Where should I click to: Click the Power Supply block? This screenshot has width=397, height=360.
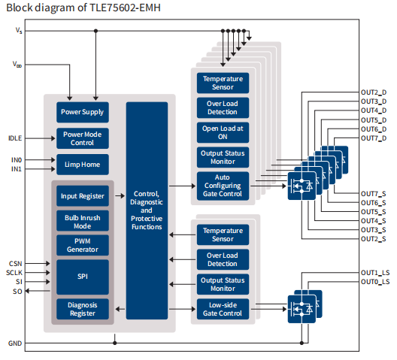coord(83,112)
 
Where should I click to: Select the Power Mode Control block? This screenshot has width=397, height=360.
coord(83,138)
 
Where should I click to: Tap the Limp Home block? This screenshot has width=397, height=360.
coord(83,165)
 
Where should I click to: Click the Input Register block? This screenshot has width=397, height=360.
coord(83,196)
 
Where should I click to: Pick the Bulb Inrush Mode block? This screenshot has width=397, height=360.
coord(83,221)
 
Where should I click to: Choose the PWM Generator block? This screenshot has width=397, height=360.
coord(83,245)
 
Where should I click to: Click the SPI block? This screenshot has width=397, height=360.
coord(83,277)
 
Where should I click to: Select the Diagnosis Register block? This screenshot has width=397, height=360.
coord(83,309)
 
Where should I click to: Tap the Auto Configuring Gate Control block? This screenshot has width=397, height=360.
coord(223,186)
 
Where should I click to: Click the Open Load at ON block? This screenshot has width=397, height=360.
coord(223,133)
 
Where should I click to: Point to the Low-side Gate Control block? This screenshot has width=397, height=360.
coord(223,309)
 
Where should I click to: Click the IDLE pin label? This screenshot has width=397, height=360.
coord(15,138)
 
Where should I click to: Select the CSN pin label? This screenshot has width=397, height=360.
coord(16,264)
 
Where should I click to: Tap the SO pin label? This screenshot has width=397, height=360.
coord(17,292)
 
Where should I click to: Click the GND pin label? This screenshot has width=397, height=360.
coord(15,343)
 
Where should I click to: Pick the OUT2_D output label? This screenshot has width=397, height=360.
coord(374,92)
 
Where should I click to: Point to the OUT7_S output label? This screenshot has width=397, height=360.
coord(374,194)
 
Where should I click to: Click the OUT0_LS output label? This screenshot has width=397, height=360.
coord(375,282)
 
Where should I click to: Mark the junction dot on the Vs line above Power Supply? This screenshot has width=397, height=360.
coord(95,31)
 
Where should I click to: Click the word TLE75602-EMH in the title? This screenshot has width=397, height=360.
coord(125,8)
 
